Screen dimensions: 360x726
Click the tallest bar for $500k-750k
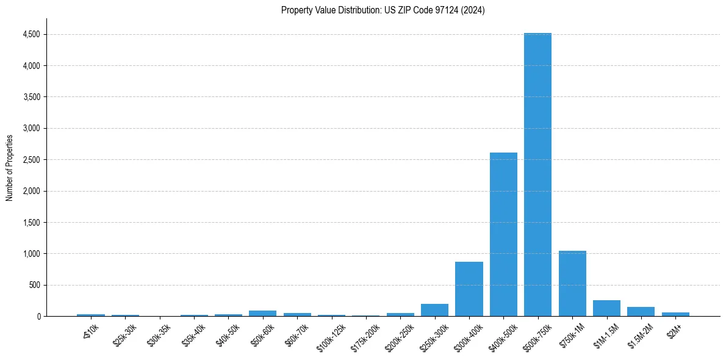coord(537,175)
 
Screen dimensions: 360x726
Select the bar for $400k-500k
coord(503,234)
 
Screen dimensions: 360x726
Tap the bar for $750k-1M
coord(572,283)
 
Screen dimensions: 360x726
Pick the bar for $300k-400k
coord(469,289)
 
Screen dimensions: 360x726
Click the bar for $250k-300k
coord(434,310)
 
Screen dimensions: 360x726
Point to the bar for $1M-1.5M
coord(606,308)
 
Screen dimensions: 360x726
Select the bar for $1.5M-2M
coord(641,311)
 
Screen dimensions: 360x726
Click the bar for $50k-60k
coord(262,313)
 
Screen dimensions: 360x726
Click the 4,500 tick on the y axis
coord(31,35)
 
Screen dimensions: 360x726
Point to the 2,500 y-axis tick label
coord(31,160)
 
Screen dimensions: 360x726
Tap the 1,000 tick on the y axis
coord(31,254)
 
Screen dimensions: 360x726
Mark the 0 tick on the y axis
coord(38,317)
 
